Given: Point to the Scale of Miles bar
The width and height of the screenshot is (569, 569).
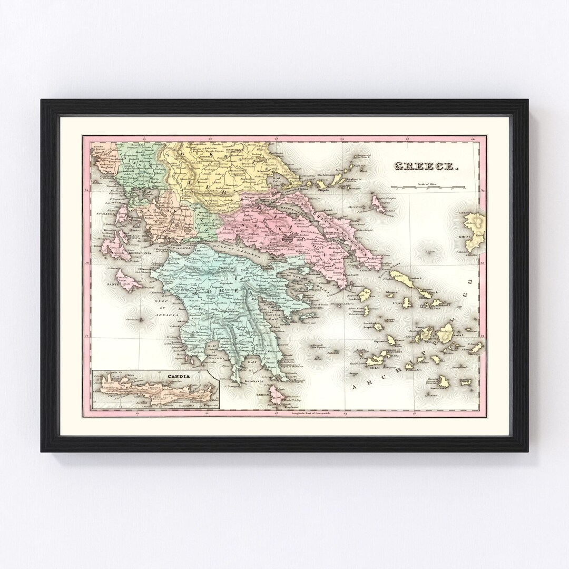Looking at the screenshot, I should (x=428, y=188).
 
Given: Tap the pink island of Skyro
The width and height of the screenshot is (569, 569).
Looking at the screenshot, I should (x=378, y=202).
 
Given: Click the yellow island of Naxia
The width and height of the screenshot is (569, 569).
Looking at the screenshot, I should (x=447, y=333).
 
